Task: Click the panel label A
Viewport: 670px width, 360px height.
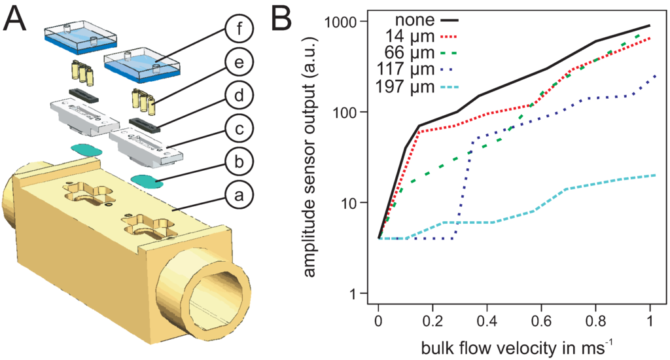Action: tap(15, 20)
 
